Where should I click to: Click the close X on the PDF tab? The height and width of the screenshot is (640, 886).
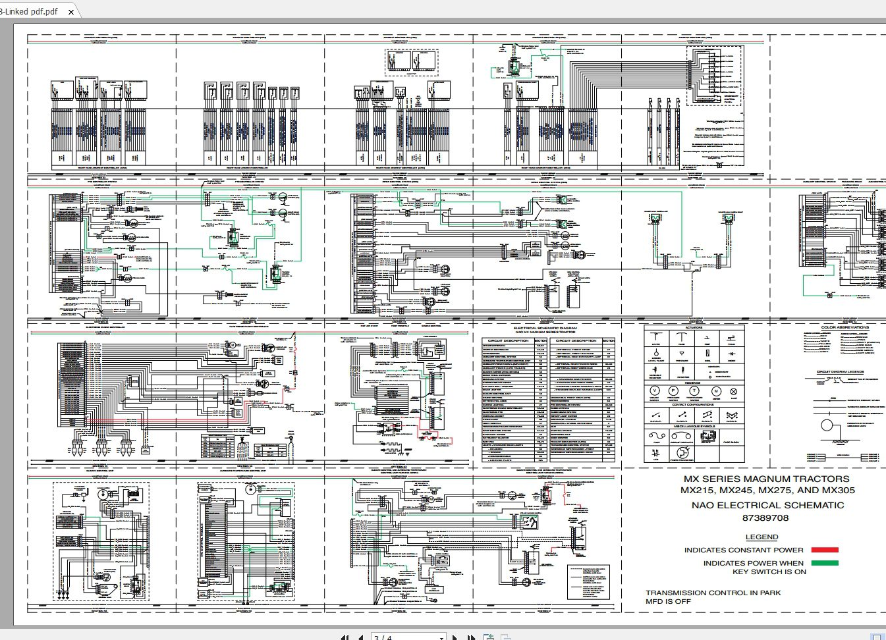[x=71, y=12]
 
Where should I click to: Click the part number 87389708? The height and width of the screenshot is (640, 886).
[x=765, y=518]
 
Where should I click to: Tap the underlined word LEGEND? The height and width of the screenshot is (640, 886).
[x=761, y=537]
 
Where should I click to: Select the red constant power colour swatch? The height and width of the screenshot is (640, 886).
[x=825, y=550]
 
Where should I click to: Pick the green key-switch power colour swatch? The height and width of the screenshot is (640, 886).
[x=825, y=563]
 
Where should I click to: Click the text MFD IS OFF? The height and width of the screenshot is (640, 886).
[x=668, y=601]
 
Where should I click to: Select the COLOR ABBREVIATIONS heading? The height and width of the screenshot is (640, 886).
[x=845, y=327]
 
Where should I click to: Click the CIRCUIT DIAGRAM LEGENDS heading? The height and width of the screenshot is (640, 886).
[x=840, y=372]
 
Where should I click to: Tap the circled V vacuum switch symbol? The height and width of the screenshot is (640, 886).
[x=654, y=391]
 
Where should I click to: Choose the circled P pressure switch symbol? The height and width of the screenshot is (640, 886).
[x=673, y=391]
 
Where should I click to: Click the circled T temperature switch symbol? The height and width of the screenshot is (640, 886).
[x=694, y=391]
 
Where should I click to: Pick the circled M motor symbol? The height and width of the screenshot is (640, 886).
[x=716, y=391]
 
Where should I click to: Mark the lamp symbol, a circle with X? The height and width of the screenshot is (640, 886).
[x=734, y=391]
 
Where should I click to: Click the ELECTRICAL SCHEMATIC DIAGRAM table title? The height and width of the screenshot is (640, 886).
[x=545, y=327]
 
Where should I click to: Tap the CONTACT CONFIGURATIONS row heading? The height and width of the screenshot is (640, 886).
[x=693, y=404]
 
